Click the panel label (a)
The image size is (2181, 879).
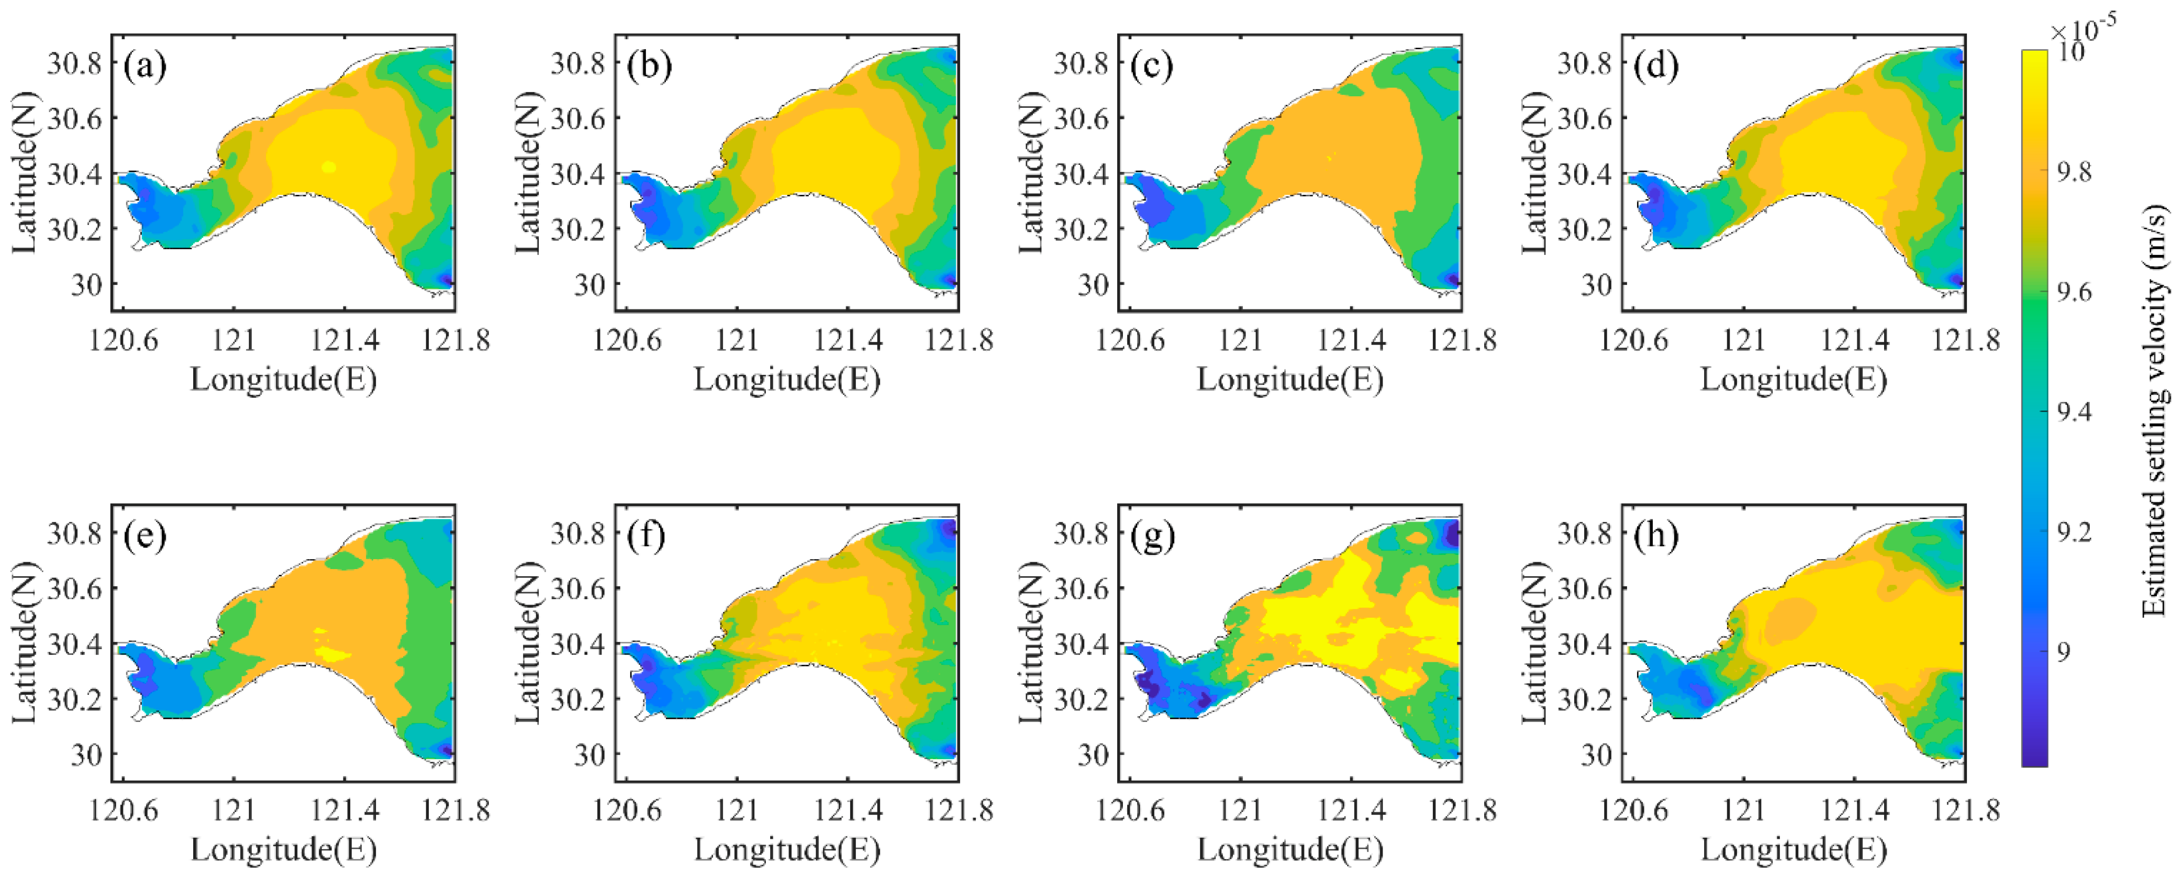[x=145, y=66]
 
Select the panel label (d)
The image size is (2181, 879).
[x=1657, y=66]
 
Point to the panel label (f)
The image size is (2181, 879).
[x=649, y=536]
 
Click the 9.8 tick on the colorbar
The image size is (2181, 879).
[x=2074, y=172]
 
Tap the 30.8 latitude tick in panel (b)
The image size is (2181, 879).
[x=578, y=63]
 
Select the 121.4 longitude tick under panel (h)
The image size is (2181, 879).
[x=1854, y=810]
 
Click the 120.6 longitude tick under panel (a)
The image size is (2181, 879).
[x=124, y=340]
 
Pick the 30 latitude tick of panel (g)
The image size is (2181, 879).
[x=1092, y=754]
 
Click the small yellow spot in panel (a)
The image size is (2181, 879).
[x=329, y=168]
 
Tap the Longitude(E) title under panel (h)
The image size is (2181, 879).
[x=1793, y=849]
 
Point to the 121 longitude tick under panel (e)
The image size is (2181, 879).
[x=233, y=810]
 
